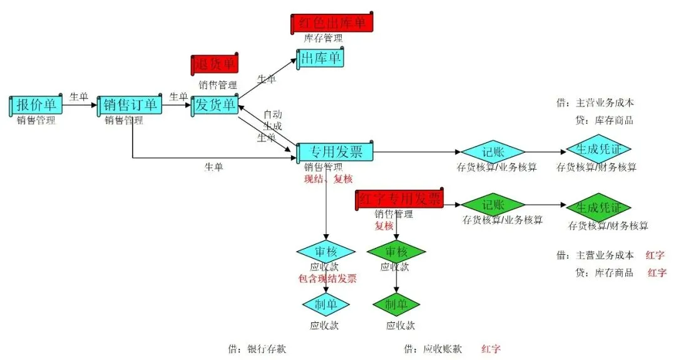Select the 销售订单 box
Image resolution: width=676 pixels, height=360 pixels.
(130, 105)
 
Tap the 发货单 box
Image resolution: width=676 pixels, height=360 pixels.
(215, 105)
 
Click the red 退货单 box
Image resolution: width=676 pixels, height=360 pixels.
(215, 64)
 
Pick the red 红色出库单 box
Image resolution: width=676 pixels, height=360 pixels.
(332, 23)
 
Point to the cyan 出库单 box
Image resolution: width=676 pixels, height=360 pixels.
(320, 59)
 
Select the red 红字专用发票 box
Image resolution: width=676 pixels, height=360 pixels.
(399, 199)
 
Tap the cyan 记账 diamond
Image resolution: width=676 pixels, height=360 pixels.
(493, 152)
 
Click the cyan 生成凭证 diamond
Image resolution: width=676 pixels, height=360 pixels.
(598, 149)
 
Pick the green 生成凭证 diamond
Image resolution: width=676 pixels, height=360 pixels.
(598, 207)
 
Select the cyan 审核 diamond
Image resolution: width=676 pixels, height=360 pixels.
(325, 252)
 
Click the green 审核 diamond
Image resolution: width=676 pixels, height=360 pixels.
(396, 252)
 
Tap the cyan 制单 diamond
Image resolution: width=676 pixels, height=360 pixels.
(325, 305)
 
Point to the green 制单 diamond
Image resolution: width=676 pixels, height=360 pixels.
(396, 305)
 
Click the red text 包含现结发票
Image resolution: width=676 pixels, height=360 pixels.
(327, 279)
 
